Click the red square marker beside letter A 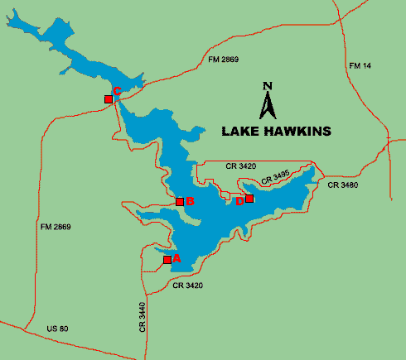pos(167,260)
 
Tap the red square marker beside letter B pos(180,202)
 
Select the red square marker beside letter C pos(109,99)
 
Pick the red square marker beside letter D pos(249,199)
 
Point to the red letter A pos(176,259)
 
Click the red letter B pos(190,201)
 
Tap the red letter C pos(117,91)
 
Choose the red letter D pos(239,200)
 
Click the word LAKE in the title pos(241,131)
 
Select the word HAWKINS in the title pos(297,131)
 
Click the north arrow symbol pos(267,105)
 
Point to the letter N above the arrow pos(267,85)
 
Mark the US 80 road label pos(56,329)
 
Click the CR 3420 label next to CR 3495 pos(241,166)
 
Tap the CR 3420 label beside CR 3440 pos(188,286)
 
